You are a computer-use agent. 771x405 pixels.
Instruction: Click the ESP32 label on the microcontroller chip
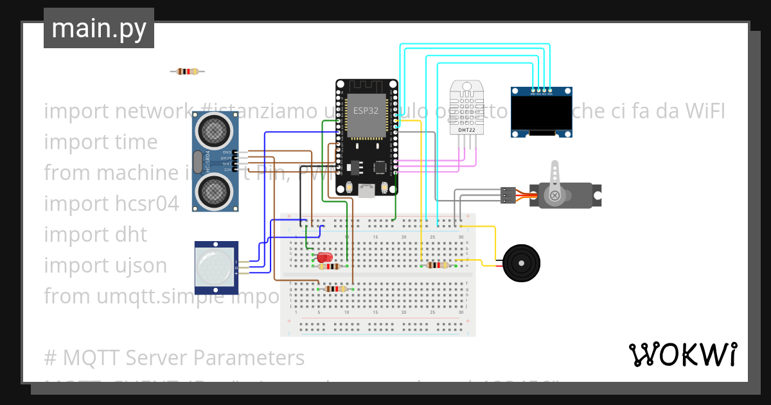tap(366, 110)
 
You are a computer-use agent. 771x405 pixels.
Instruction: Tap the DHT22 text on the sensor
tap(467, 130)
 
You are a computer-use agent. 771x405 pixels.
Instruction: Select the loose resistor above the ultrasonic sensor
tap(187, 71)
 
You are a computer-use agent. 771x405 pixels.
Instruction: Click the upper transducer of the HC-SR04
tap(214, 130)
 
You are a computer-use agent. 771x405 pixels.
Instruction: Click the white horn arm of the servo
tap(553, 180)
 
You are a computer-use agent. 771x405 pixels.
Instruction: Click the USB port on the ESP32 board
tap(367, 190)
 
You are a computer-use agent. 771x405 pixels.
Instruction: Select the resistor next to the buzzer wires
tap(438, 265)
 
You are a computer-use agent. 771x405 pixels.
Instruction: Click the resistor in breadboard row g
tap(336, 289)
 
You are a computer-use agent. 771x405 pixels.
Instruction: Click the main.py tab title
tap(99, 28)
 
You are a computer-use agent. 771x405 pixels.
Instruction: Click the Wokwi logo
tap(682, 354)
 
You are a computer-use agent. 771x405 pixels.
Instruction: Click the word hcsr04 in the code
tap(144, 203)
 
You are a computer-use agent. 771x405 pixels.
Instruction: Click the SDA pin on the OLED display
tap(550, 90)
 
